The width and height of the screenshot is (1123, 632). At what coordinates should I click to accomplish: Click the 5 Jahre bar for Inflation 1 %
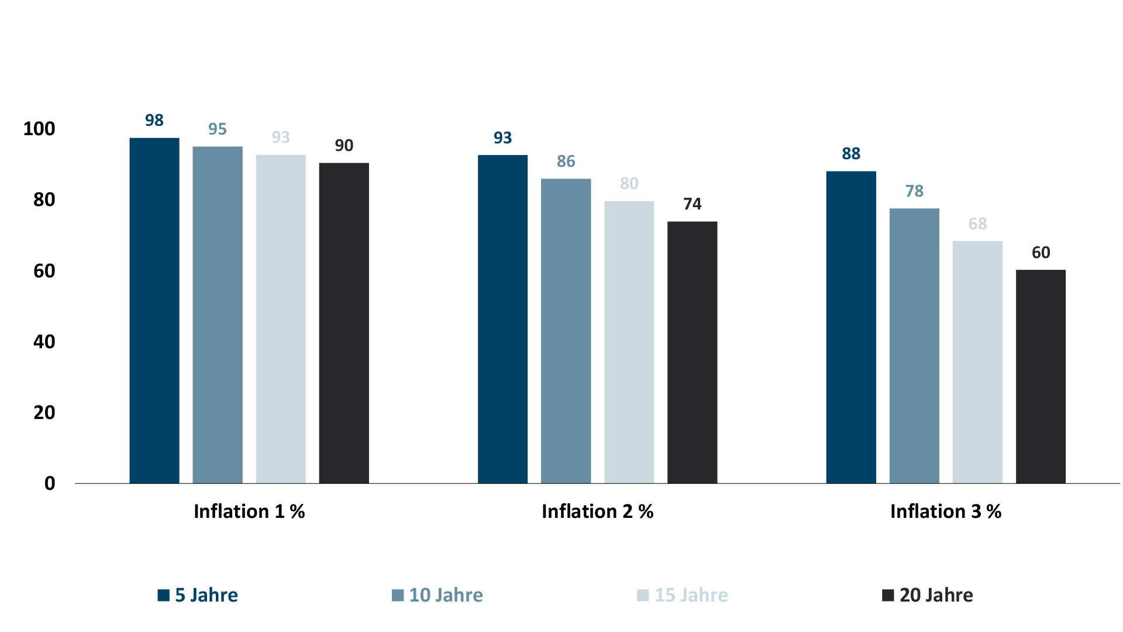154,310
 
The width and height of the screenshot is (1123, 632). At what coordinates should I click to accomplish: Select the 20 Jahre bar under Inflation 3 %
1041,376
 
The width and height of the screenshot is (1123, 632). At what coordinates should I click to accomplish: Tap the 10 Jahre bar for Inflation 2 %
566,331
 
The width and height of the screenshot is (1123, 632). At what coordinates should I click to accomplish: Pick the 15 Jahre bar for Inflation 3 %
977,362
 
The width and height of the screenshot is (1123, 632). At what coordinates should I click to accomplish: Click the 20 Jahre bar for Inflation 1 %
344,323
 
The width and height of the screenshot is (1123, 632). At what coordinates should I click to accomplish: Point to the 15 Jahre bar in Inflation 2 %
629,342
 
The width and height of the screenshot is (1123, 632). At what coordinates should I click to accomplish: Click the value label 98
154,121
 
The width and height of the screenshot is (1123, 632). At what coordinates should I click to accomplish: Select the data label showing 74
692,204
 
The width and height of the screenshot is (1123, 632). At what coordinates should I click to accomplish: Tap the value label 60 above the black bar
1041,253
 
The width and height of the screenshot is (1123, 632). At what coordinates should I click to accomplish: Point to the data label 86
566,162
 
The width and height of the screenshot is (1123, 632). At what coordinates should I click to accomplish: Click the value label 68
977,224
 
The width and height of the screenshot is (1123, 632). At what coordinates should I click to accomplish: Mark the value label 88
851,154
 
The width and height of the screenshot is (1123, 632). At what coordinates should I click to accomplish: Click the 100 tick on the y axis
39,129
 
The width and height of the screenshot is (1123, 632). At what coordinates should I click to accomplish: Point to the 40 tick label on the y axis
44,342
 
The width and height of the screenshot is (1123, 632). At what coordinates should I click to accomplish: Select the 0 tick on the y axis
50,483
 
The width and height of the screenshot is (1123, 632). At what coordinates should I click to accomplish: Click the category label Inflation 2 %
597,511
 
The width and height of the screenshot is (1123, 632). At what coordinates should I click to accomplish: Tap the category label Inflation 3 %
946,511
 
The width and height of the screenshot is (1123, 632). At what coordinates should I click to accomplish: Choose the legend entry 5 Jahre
198,595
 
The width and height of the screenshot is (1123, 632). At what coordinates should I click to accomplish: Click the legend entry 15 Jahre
683,595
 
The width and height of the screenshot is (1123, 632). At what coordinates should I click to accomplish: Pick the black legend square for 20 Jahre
888,595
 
